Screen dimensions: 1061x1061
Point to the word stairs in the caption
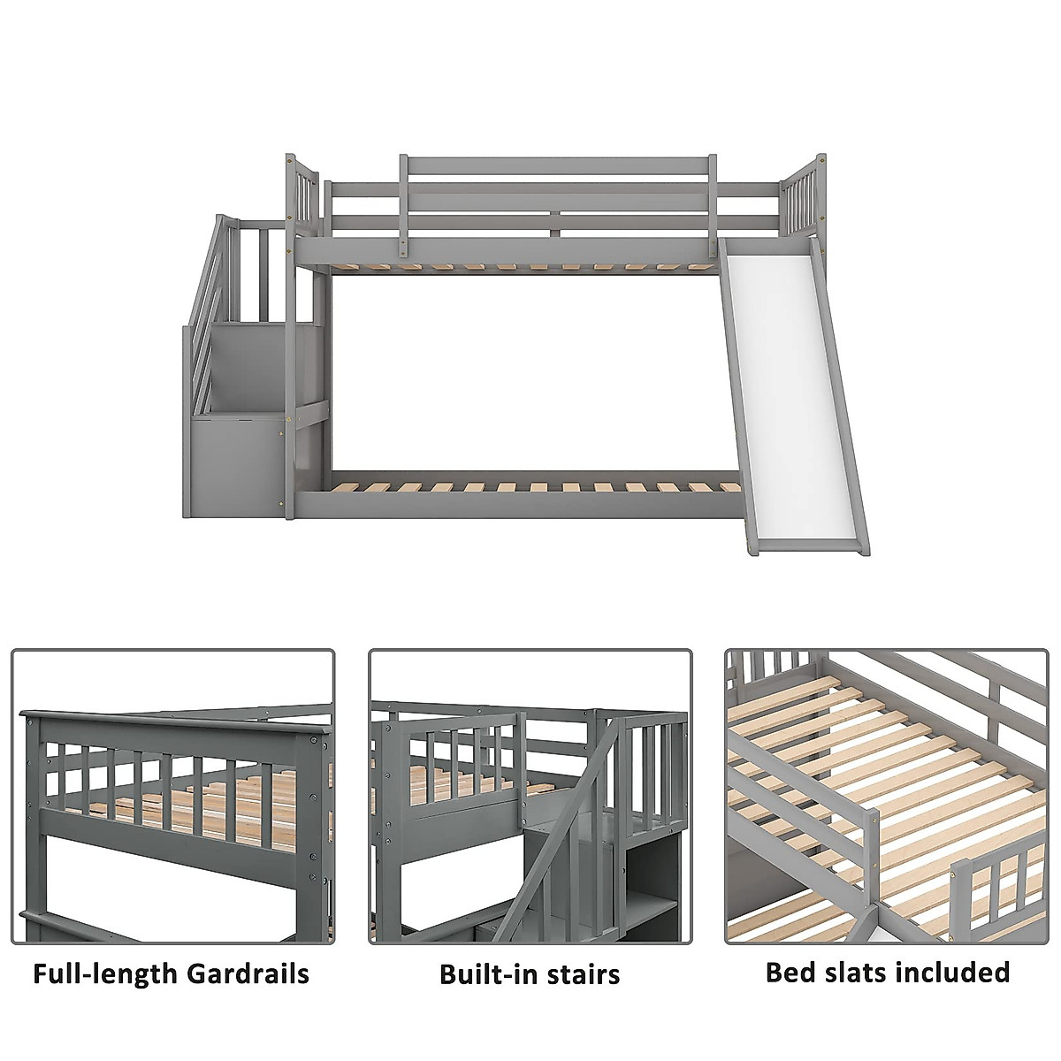[x=581, y=975]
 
